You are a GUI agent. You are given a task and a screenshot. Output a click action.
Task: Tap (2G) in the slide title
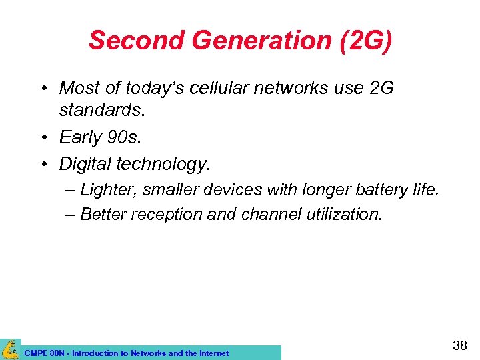coord(365,41)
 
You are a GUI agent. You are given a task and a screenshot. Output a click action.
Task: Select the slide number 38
coord(460,345)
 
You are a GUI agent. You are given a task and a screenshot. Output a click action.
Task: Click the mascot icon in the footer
coord(10,349)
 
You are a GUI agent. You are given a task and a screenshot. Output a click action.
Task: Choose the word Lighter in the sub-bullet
coord(105,190)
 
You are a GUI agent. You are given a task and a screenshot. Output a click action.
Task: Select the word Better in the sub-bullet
coord(102,214)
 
